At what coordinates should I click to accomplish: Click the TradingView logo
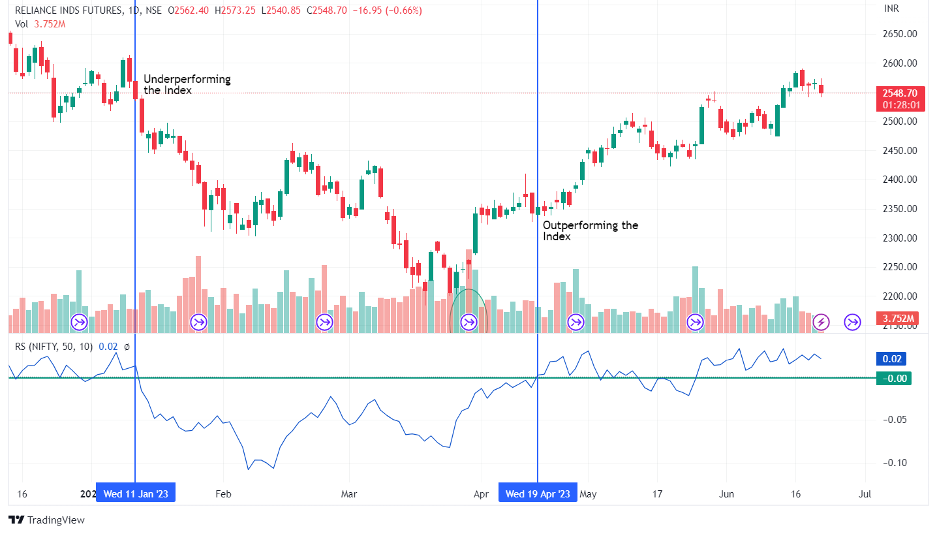46,520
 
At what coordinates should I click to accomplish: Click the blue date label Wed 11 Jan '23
136,494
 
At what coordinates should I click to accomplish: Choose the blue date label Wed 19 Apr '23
538,494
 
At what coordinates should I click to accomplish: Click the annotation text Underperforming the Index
187,85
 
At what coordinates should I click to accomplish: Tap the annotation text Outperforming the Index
591,230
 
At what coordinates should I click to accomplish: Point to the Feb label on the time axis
224,494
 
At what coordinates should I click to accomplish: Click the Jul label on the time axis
865,494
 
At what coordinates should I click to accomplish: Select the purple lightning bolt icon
822,321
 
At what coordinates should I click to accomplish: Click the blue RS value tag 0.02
891,358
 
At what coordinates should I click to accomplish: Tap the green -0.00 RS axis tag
893,378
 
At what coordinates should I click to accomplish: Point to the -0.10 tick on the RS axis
893,463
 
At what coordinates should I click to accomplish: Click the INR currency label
892,8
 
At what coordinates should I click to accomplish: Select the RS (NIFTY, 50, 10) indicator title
54,347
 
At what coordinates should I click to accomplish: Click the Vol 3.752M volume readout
40,24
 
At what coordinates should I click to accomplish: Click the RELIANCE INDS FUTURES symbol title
69,10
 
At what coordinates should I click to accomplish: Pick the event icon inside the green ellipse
469,321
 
